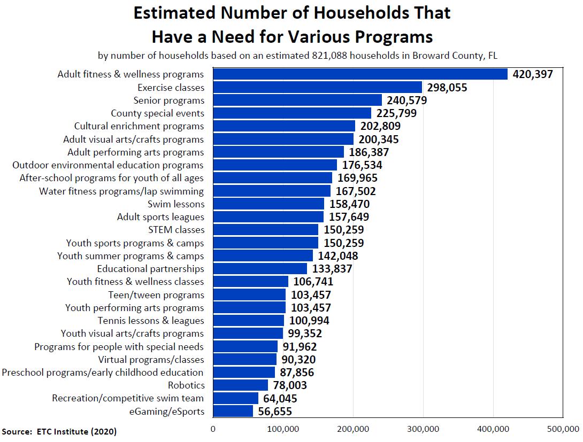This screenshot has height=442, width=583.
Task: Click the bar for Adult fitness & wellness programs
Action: (x=360, y=74)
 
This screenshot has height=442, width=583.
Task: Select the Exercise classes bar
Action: (x=318, y=87)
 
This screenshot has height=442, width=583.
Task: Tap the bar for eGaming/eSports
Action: (x=233, y=411)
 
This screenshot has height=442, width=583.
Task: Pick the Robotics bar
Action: (x=240, y=385)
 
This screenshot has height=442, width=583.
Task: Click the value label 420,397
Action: (x=533, y=74)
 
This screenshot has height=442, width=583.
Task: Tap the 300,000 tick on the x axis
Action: (x=423, y=429)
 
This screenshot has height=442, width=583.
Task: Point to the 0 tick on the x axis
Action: (x=213, y=429)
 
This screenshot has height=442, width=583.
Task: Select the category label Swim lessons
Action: (x=175, y=204)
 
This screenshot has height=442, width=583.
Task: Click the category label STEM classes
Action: (x=176, y=230)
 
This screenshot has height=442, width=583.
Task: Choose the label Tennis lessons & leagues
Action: (x=151, y=321)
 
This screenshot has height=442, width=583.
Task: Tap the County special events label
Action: (x=157, y=113)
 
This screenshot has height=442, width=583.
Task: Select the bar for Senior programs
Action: (x=297, y=100)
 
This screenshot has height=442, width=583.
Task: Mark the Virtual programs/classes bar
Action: (x=244, y=359)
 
